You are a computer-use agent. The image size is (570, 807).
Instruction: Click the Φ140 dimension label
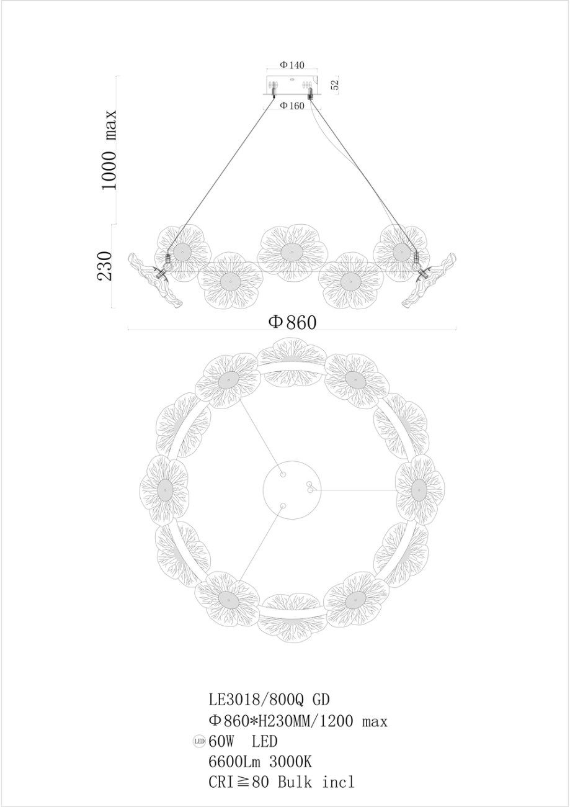pyautogui.click(x=292, y=65)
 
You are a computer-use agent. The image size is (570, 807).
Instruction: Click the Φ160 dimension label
pyautogui.click(x=292, y=106)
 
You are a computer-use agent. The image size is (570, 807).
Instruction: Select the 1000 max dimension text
pyautogui.click(x=109, y=149)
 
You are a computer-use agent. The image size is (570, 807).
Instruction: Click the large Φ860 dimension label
pyautogui.click(x=293, y=322)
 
